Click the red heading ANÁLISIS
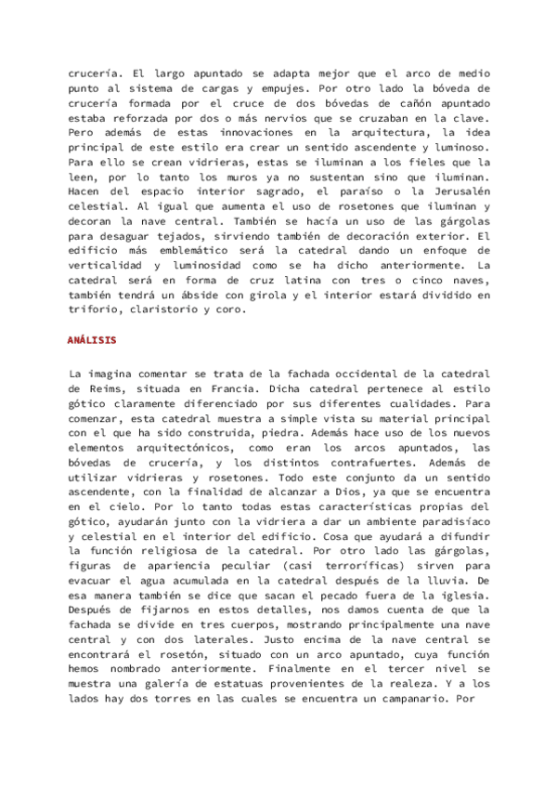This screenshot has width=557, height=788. (92, 340)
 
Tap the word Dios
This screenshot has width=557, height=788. (357, 490)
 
